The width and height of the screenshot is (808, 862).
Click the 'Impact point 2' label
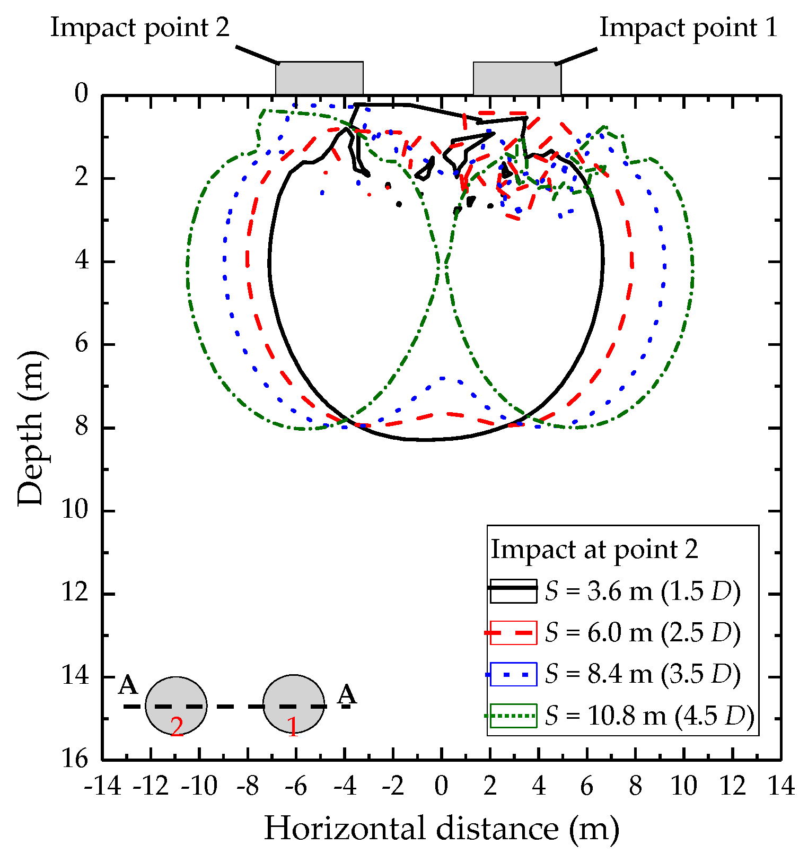point(140,28)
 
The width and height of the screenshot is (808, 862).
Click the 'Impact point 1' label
point(688,28)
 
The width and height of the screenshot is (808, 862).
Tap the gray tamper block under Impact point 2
point(319,79)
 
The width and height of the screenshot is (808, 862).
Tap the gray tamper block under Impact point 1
point(517,79)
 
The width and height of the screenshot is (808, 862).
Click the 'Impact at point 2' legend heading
point(594,550)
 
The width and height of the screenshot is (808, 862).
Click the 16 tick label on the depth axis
point(75,759)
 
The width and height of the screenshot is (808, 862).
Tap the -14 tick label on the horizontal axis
point(102,786)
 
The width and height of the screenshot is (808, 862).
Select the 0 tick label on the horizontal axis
point(442,786)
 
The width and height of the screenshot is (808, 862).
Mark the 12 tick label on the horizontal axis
point(733,786)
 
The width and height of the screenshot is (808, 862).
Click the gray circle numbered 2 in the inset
point(176,706)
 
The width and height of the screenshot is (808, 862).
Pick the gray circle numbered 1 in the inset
point(294,704)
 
